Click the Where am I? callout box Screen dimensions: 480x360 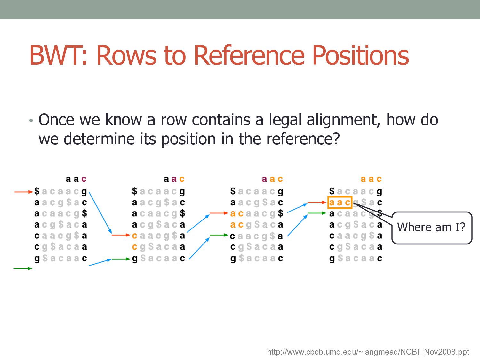click(x=432, y=228)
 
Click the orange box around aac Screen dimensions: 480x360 click(x=340, y=203)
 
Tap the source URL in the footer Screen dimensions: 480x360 click(x=368, y=352)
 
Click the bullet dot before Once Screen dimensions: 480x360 click(x=31, y=121)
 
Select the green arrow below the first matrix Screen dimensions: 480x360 click(x=23, y=268)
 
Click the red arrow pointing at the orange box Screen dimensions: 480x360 click(x=317, y=202)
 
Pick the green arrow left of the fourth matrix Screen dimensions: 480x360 click(x=317, y=213)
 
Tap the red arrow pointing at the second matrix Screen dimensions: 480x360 click(x=121, y=235)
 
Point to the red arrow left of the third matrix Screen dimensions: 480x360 click(x=219, y=213)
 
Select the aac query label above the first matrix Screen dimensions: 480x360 click(x=76, y=179)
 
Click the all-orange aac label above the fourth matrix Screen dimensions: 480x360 click(x=371, y=179)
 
